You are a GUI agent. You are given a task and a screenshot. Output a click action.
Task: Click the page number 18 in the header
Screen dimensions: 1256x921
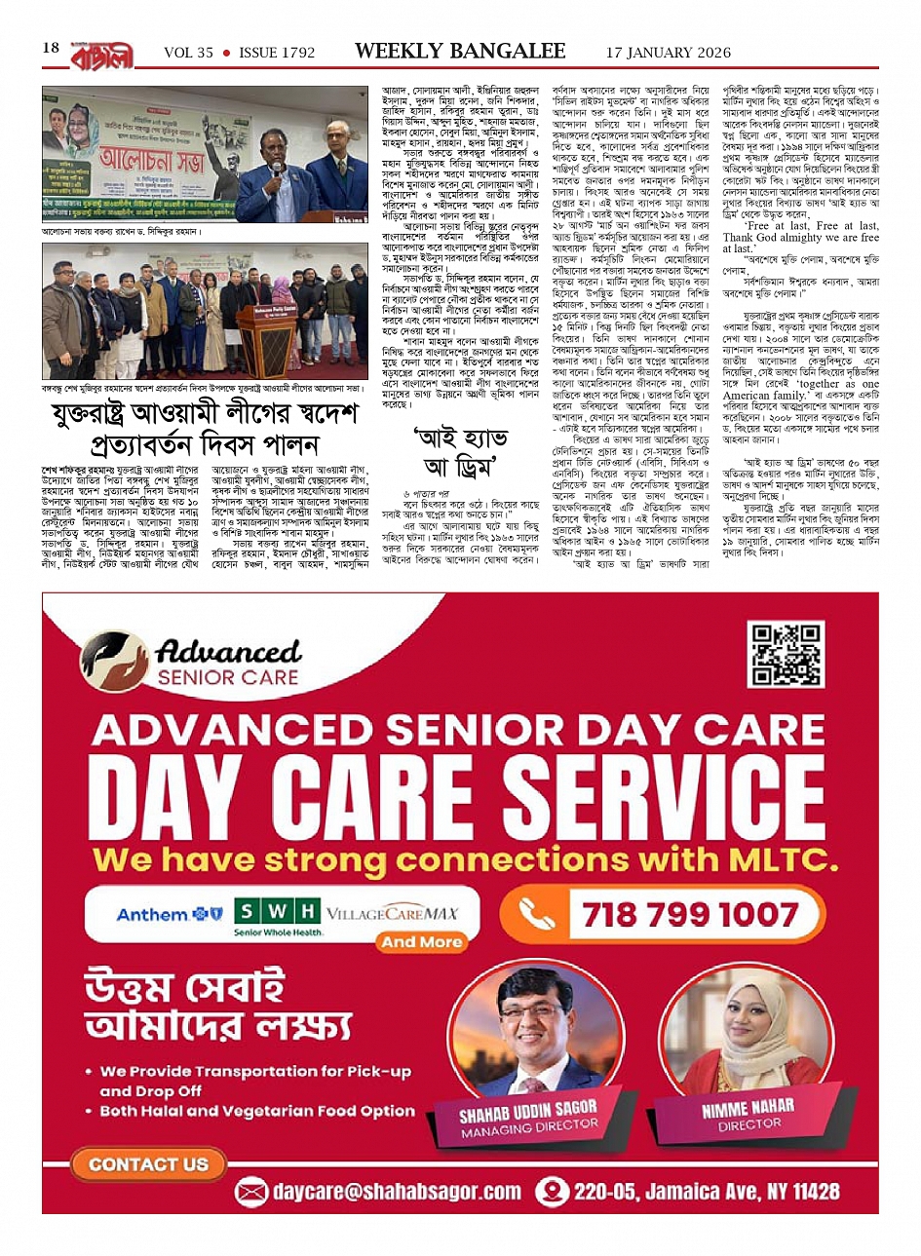(x=52, y=49)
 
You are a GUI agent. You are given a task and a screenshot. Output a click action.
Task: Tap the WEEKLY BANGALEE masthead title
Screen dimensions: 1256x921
(x=460, y=51)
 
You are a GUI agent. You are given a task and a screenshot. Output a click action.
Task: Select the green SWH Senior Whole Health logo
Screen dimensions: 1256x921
(x=279, y=917)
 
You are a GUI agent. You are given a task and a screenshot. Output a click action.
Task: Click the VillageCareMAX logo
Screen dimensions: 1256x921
(x=392, y=914)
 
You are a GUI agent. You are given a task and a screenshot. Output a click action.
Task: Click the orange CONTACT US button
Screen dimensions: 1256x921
(x=148, y=1163)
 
